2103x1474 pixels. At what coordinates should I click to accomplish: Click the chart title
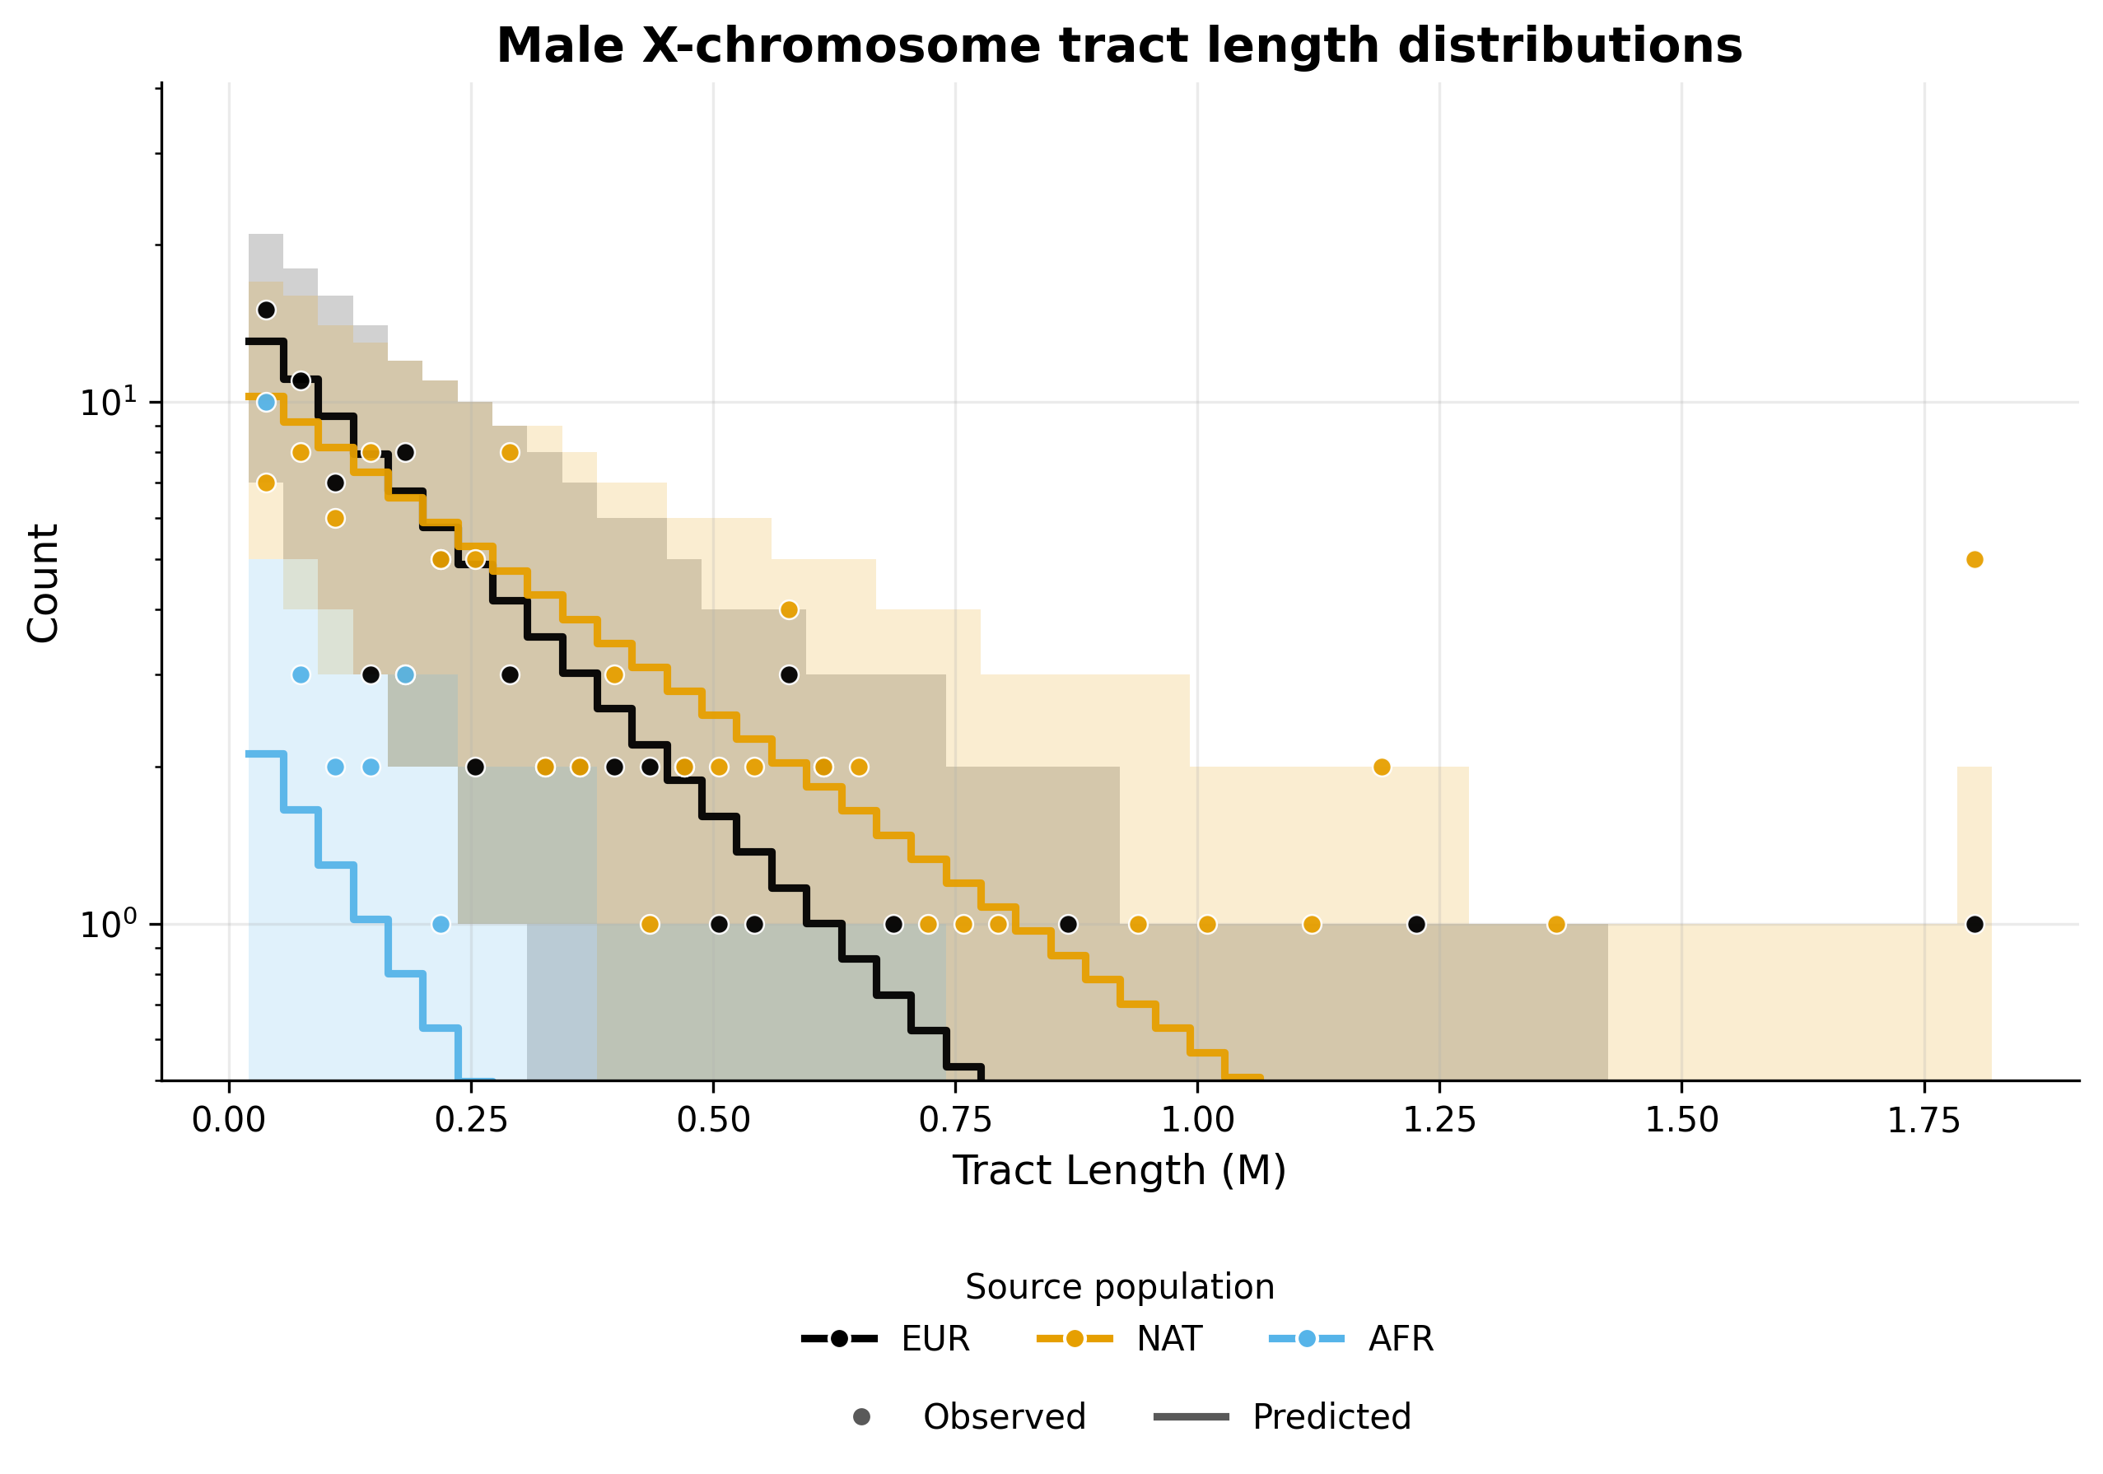1118,46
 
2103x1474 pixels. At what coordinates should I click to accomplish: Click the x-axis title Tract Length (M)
1118,1171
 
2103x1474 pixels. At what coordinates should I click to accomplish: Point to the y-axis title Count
43,583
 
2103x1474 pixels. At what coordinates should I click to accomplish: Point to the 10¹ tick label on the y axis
108,402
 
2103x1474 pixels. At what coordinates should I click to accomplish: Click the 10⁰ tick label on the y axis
108,925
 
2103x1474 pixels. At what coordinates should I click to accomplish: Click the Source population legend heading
1119,1286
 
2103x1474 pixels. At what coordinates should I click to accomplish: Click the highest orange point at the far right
1975,560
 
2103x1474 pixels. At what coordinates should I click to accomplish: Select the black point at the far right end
1975,925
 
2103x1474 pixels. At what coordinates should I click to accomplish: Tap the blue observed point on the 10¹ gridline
267,402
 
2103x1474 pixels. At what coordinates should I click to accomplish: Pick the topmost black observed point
267,310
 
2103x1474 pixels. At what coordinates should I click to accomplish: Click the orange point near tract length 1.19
1383,767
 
